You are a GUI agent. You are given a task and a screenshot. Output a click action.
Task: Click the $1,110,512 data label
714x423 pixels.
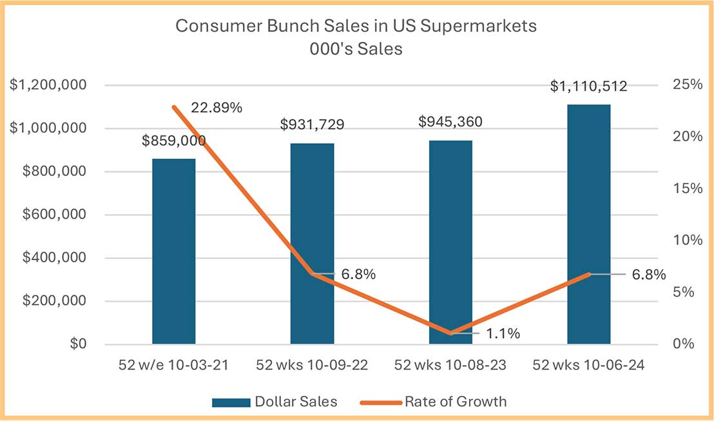pos(588,86)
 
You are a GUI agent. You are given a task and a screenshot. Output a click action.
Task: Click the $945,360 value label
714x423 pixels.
pos(450,122)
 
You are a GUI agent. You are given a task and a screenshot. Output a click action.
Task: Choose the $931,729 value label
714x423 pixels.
pos(312,124)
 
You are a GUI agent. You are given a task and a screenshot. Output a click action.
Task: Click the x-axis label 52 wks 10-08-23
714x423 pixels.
pos(450,365)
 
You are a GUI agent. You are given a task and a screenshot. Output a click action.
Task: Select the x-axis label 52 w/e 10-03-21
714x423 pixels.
pos(174,365)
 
